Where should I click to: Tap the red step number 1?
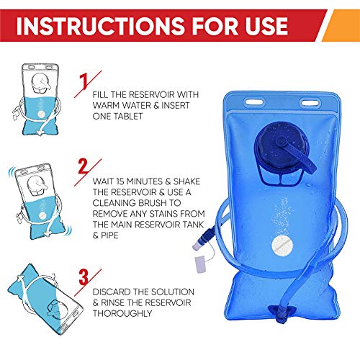pyautogui.click(x=86, y=80)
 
